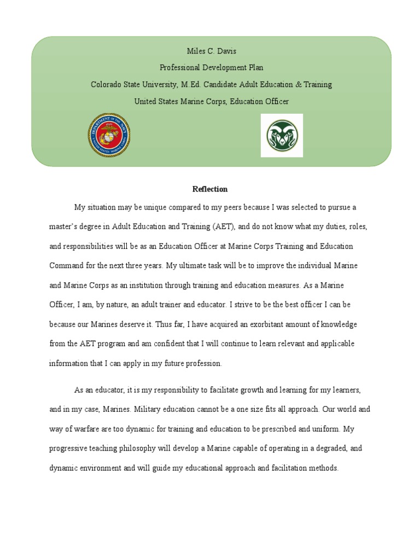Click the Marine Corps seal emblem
click(x=109, y=135)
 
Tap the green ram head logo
click(x=282, y=136)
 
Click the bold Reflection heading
click(x=210, y=189)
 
